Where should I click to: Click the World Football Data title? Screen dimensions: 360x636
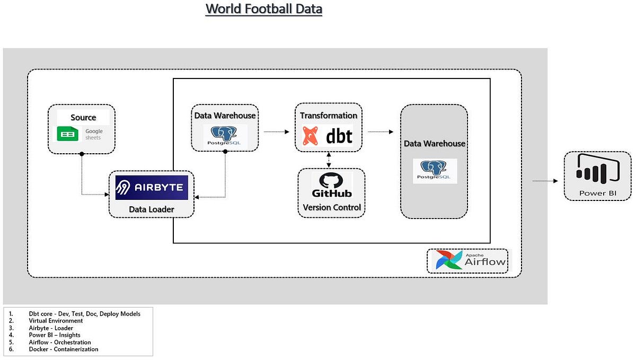(264, 9)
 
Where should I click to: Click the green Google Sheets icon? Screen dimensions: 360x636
(67, 134)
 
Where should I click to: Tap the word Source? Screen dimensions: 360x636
(83, 117)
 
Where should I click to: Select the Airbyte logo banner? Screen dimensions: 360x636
(152, 187)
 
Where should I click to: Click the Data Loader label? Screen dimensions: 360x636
(151, 209)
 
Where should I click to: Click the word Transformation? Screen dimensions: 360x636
(328, 115)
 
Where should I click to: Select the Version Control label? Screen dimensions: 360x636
(332, 207)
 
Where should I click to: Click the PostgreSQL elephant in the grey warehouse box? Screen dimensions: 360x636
(435, 168)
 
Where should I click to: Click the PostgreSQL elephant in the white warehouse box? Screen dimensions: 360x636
(225, 134)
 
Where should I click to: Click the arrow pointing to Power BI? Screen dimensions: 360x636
(545, 181)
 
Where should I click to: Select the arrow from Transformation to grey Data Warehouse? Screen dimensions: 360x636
(381, 131)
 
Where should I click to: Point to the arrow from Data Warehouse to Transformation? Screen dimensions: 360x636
(276, 131)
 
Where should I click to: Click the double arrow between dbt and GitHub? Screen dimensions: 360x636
(330, 160)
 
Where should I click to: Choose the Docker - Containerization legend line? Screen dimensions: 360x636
(64, 349)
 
